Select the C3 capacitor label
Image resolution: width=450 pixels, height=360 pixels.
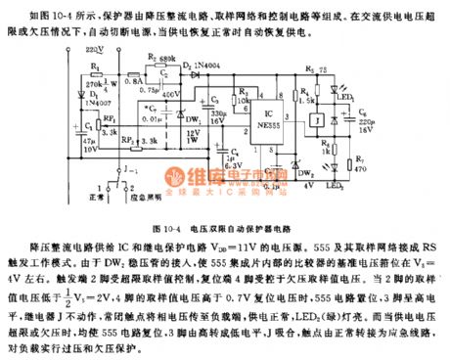(x=213, y=101)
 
